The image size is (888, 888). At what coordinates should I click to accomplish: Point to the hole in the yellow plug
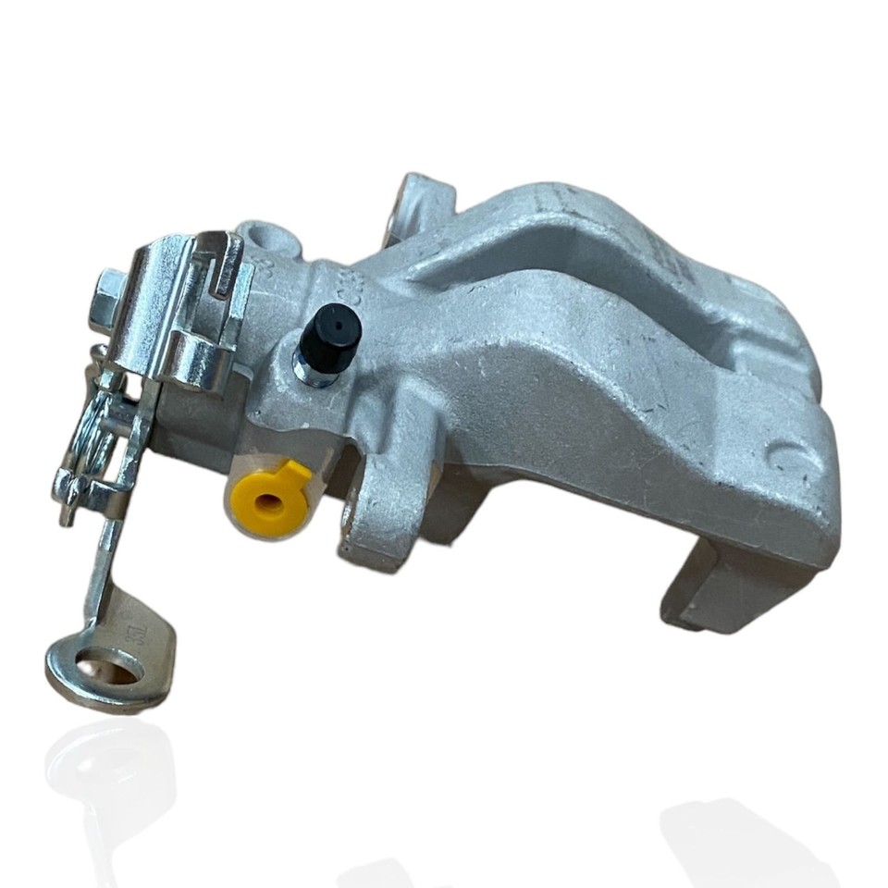[269, 502]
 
